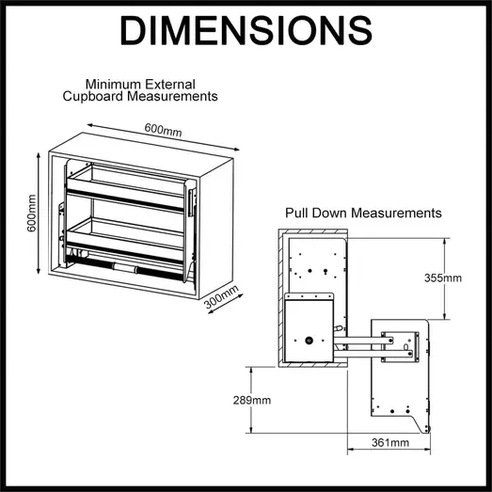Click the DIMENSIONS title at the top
[246, 32]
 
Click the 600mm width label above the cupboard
[164, 131]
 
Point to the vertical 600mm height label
[33, 214]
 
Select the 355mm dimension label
[443, 278]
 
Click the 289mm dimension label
[251, 400]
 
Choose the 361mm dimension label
[389, 442]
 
